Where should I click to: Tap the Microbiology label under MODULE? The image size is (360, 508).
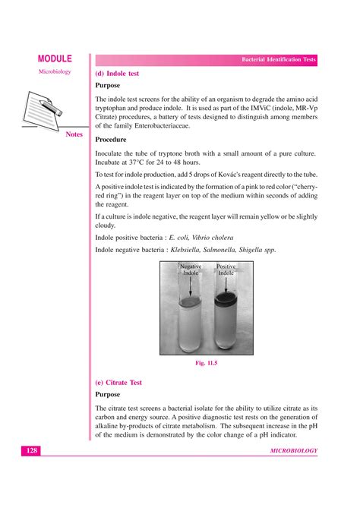[x=54, y=72]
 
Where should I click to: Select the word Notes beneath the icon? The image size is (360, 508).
[x=74, y=134]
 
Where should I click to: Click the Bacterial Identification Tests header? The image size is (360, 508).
[x=278, y=59]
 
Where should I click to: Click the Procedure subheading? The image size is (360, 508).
[x=112, y=140]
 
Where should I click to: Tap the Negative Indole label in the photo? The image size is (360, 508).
[x=191, y=270]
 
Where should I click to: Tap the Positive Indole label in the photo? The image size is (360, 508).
[x=226, y=270]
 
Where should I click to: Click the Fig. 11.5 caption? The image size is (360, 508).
[x=207, y=364]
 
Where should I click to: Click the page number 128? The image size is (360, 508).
[x=31, y=451]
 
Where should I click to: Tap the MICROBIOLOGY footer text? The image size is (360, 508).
[x=293, y=451]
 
